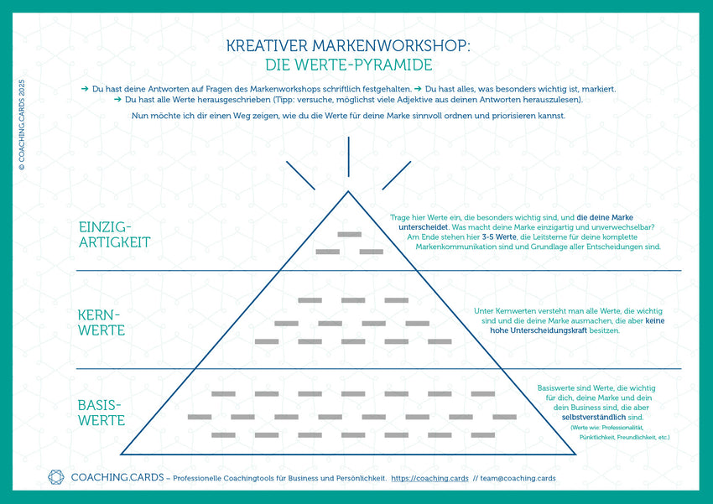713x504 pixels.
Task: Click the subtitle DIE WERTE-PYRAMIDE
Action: pyautogui.click(x=348, y=65)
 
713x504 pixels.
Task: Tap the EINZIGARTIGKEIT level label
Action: pyautogui.click(x=114, y=235)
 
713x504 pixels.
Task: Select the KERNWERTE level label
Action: pyautogui.click(x=101, y=322)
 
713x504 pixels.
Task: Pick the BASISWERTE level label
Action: pyautogui.click(x=101, y=413)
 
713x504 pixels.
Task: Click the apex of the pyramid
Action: pyautogui.click(x=348, y=192)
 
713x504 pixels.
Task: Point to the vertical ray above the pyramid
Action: pyautogui.click(x=348, y=157)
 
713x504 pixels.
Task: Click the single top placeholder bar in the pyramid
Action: pyautogui.click(x=348, y=233)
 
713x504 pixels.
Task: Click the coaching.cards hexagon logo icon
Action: pyautogui.click(x=56, y=478)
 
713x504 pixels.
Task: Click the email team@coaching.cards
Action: pyautogui.click(x=518, y=479)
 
